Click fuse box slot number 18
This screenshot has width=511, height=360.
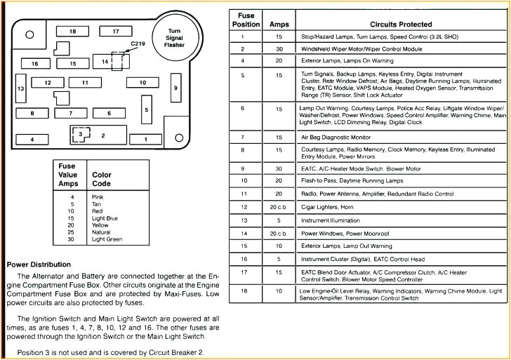coord(72,32)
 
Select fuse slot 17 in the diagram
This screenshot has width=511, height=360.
coord(116,32)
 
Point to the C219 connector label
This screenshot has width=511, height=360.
coord(138,44)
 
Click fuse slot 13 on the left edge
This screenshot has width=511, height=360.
coord(21,88)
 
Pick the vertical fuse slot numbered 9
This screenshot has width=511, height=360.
coord(175,88)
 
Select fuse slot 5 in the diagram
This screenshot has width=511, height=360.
coord(146,109)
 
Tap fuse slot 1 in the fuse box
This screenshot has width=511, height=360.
coord(146,139)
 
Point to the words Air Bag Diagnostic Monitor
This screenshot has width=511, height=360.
coord(336,138)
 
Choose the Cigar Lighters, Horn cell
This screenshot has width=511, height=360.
coord(327,207)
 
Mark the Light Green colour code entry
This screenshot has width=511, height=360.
coord(107,240)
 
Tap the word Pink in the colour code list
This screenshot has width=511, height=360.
coord(98,197)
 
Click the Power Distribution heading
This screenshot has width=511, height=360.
coord(39,265)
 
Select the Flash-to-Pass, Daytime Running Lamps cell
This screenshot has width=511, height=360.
coord(347,181)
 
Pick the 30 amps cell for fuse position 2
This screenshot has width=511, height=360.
coord(279,49)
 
